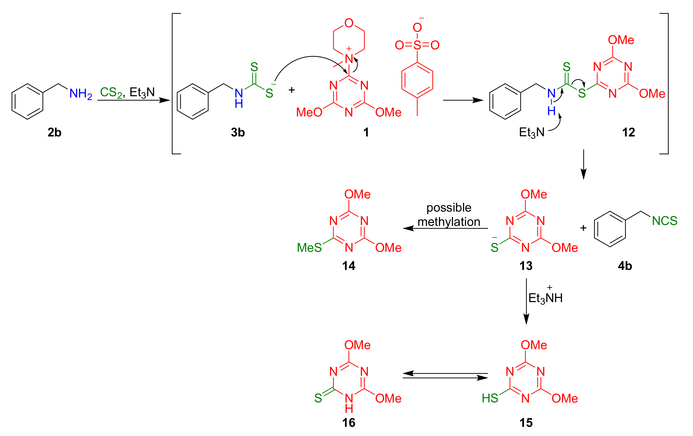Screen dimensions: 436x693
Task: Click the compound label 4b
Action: click(x=625, y=266)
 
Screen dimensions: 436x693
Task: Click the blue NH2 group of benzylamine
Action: click(x=81, y=94)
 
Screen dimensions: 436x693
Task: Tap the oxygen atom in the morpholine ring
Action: click(x=349, y=23)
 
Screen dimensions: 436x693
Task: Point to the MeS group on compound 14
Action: click(x=309, y=248)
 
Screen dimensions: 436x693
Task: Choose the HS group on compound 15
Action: click(x=490, y=398)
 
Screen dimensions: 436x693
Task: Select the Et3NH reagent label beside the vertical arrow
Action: click(x=545, y=298)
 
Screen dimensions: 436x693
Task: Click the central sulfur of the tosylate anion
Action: click(x=417, y=45)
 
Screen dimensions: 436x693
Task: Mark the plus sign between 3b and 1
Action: click(x=292, y=90)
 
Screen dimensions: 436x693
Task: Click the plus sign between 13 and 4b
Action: click(x=583, y=228)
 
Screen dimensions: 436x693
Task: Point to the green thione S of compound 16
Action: click(x=318, y=398)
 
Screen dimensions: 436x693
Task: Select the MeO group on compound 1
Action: click(x=309, y=112)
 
